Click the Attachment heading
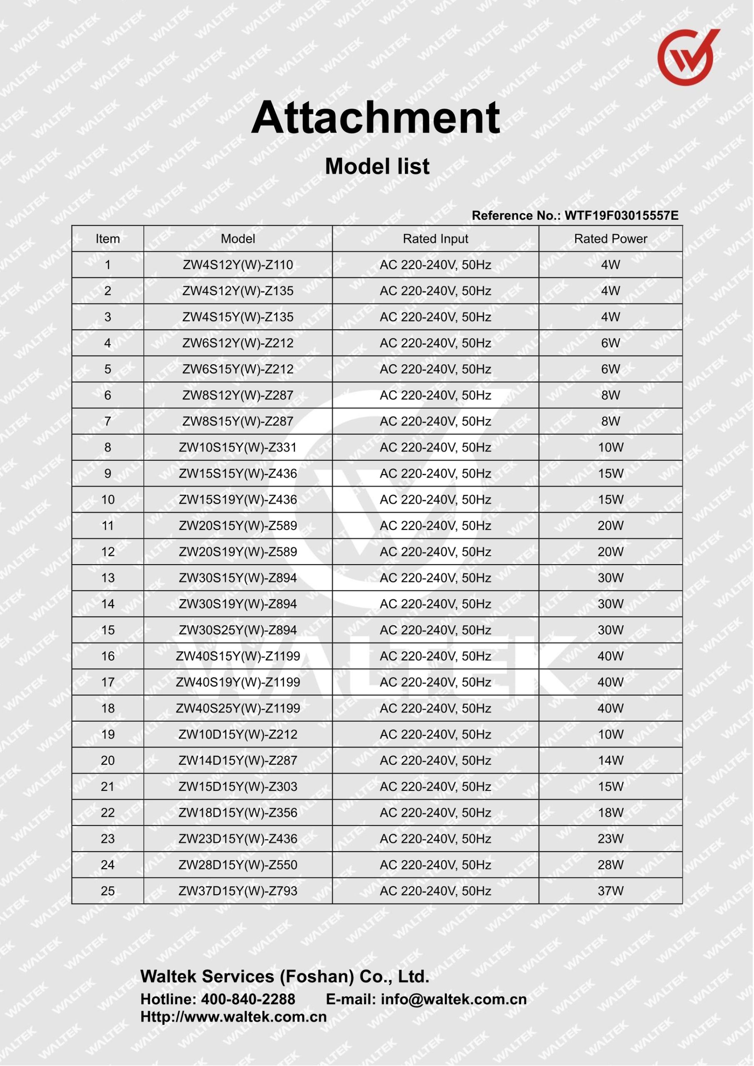tap(375, 118)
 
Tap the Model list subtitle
tap(377, 166)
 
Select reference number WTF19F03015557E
tap(621, 215)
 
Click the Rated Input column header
tap(435, 239)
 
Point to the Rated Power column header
tap(610, 239)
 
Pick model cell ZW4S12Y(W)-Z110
tap(237, 265)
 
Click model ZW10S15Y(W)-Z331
tap(237, 447)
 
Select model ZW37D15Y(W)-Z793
tap(237, 891)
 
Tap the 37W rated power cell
tap(610, 891)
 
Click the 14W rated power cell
tap(610, 760)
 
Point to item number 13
tap(107, 578)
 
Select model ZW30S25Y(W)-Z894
tap(237, 630)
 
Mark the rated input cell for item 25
tap(435, 891)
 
